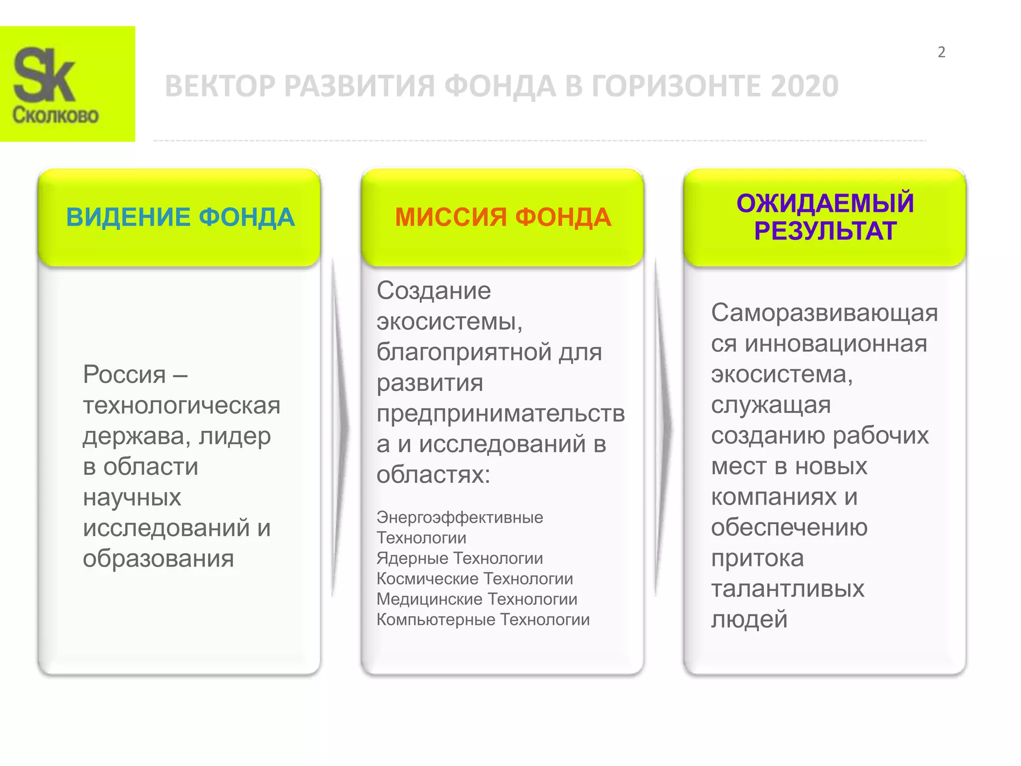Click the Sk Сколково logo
point(67,84)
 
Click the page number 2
point(941,52)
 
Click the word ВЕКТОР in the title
point(219,86)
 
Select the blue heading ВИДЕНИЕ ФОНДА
point(180,217)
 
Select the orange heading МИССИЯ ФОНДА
point(503,217)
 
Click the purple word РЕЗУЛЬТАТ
point(825,231)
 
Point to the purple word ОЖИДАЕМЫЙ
point(825,203)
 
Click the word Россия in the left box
point(124,374)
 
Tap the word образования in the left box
point(158,559)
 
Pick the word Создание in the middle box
point(434,291)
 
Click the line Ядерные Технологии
point(460,558)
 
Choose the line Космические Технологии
point(475,578)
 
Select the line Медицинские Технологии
point(477,599)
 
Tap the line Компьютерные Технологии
point(483,619)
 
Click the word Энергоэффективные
point(460,517)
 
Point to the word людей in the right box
point(749,619)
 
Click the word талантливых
point(787,589)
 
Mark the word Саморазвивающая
point(824,313)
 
